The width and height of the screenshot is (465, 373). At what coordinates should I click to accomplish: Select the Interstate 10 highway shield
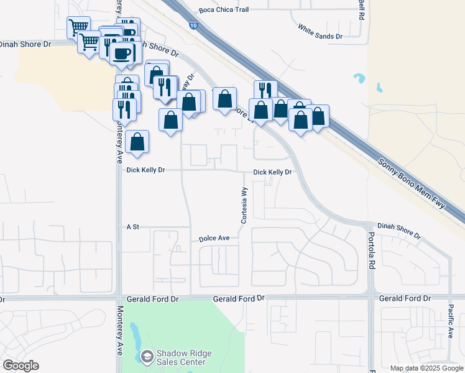tap(195, 25)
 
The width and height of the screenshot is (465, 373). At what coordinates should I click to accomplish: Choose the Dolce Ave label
tap(214, 238)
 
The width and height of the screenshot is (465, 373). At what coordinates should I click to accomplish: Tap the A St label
tap(131, 228)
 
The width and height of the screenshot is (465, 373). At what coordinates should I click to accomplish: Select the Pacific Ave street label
tap(451, 320)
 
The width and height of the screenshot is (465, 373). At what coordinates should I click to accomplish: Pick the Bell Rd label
tap(361, 9)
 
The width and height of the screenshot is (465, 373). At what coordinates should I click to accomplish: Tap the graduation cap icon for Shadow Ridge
tap(147, 357)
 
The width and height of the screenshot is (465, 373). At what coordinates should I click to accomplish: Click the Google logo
tap(21, 366)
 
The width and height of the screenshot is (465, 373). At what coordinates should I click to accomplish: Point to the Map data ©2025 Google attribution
tap(426, 368)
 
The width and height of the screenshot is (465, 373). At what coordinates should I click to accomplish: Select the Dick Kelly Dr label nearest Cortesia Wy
tap(272, 172)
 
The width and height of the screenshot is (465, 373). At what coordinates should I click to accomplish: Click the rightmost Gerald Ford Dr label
tap(405, 299)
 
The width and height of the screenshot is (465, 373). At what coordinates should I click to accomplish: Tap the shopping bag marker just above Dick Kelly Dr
tap(137, 142)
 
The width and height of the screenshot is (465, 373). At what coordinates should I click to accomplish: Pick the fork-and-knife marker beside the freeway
tap(265, 90)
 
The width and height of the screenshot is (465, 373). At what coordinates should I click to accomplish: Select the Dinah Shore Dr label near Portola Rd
tap(399, 231)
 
